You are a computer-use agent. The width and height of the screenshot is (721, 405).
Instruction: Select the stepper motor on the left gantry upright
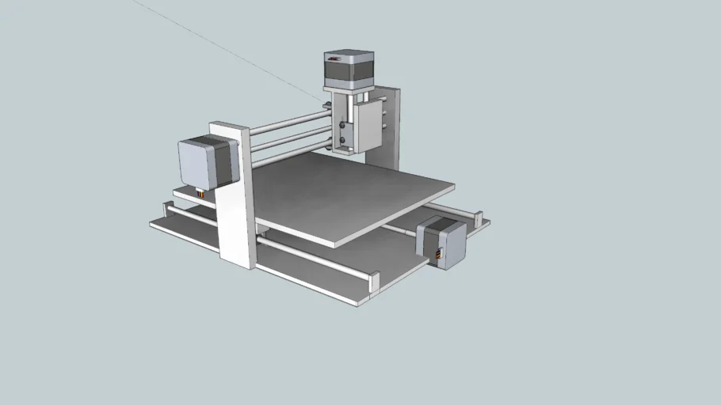(x=206, y=162)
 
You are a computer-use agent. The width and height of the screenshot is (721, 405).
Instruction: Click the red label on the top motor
(x=335, y=58)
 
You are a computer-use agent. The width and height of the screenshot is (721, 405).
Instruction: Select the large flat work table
(x=349, y=198)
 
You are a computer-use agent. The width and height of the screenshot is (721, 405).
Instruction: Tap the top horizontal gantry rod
(x=289, y=121)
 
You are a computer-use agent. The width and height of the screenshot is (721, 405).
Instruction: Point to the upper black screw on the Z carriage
(x=341, y=125)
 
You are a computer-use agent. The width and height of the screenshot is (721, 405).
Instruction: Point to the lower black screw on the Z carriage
(x=341, y=140)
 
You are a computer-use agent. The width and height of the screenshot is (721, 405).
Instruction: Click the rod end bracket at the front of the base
(x=374, y=279)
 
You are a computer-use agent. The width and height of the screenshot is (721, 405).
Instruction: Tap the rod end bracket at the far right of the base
(x=479, y=215)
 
